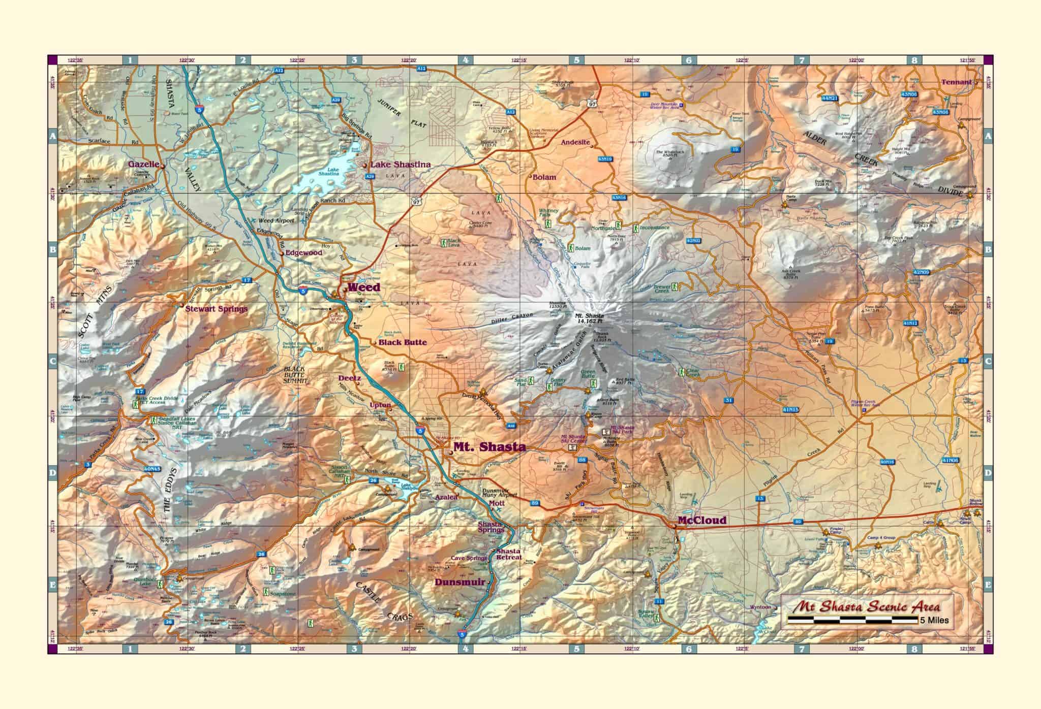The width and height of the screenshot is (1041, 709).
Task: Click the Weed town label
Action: point(363,287)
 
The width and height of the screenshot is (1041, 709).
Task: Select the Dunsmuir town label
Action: point(460,582)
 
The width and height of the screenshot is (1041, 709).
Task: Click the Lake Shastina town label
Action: point(400,165)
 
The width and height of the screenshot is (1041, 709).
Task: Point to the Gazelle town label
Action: point(143,165)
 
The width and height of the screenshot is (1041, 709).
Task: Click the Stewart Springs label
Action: point(216,309)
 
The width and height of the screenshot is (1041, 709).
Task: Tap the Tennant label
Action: point(956,82)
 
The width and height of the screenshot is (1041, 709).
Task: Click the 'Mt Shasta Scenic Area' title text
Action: point(867,606)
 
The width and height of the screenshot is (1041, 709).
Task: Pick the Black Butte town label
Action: point(402,342)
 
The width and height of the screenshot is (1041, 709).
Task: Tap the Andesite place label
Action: point(575,143)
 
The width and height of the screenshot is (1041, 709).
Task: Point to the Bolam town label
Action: point(544,177)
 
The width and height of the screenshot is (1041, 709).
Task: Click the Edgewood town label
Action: point(303,252)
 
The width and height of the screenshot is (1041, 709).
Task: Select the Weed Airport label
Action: point(276,221)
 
